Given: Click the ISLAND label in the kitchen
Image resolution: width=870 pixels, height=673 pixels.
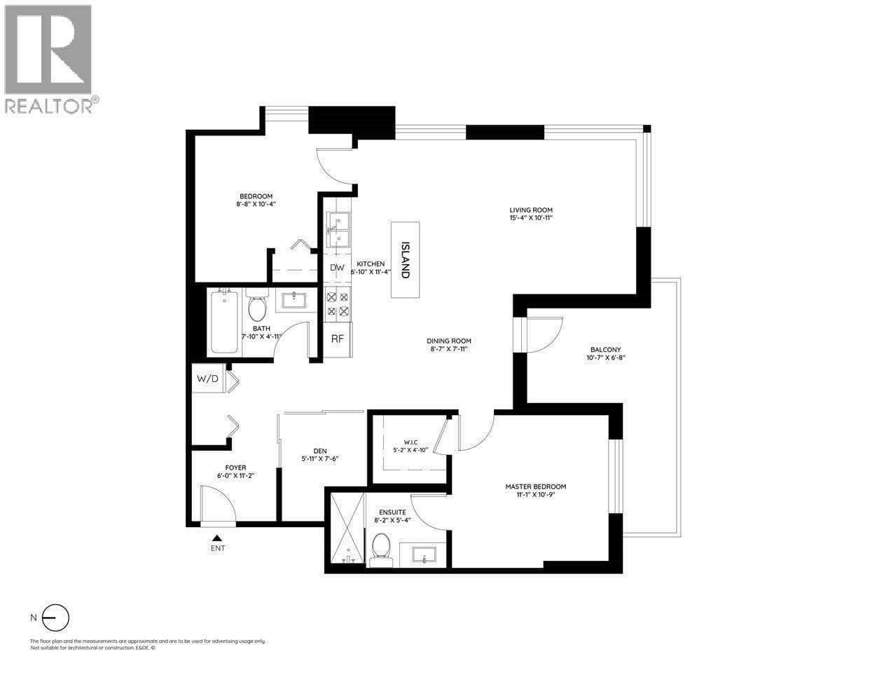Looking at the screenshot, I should click(x=405, y=260).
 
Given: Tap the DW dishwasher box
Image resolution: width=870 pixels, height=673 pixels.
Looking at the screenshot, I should click(x=337, y=268).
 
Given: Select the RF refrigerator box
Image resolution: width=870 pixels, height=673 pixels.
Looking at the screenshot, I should click(x=338, y=339).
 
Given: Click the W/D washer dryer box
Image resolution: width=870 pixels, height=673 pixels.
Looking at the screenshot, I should click(x=207, y=379).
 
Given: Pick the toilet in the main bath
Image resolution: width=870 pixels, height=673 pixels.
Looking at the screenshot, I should click(x=257, y=305).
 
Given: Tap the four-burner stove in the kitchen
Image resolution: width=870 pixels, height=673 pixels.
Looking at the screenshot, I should click(x=338, y=304).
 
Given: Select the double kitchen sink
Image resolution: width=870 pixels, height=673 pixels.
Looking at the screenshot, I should click(x=338, y=229).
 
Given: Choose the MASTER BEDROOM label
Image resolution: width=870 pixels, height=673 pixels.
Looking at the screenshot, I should click(x=536, y=487).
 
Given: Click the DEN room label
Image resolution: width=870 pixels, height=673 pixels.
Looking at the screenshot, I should click(x=321, y=451).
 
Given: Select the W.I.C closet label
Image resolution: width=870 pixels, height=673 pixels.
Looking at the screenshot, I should click(x=410, y=442).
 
